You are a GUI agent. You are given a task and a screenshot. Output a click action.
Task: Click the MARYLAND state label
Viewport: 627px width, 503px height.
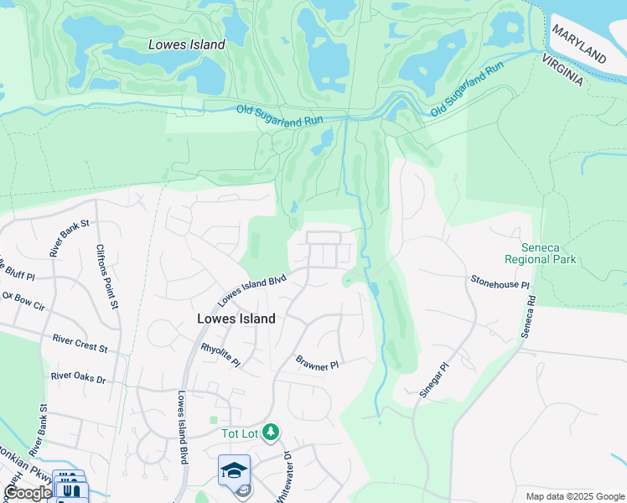(579, 44)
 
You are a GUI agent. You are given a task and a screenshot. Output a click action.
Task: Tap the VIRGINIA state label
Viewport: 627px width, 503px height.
(562, 69)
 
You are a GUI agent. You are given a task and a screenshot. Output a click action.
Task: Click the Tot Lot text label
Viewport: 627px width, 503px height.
(238, 433)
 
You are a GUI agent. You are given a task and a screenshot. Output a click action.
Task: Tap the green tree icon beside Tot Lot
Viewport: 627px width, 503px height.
(270, 433)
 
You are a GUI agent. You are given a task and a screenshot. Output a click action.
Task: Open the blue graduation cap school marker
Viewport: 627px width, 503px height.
(235, 469)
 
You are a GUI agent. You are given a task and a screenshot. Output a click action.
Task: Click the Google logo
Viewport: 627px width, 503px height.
(27, 493)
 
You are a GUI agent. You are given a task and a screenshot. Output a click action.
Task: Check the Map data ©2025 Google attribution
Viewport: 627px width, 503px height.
(574, 496)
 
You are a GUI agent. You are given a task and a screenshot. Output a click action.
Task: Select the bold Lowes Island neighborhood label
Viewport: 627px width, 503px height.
(236, 319)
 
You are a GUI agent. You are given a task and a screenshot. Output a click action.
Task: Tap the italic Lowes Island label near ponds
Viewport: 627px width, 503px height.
(186, 44)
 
